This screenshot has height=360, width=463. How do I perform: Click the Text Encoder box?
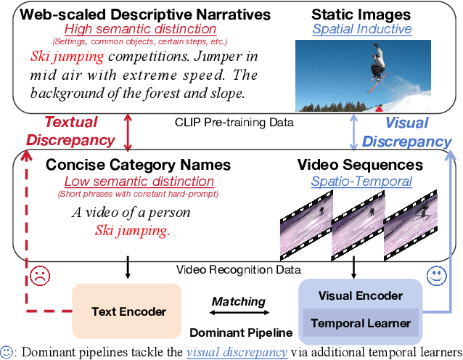pos(128,311)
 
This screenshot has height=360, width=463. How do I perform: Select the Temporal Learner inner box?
pos(360,323)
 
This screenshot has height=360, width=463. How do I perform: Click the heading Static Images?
pos(361,14)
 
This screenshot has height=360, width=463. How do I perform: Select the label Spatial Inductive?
pos(362,30)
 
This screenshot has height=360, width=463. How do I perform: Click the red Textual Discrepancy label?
pos(71,131)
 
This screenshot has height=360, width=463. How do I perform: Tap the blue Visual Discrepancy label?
pos(406,132)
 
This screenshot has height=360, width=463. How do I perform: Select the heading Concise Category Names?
pos(138,165)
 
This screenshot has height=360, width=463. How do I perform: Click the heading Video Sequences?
pos(360,165)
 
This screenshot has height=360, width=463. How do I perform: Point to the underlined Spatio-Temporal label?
pos(361,181)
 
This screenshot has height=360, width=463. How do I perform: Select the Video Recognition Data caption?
pos(238,270)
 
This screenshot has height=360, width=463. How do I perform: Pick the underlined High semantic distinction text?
pos(139,29)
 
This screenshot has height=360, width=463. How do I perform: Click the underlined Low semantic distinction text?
pos(139,181)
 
